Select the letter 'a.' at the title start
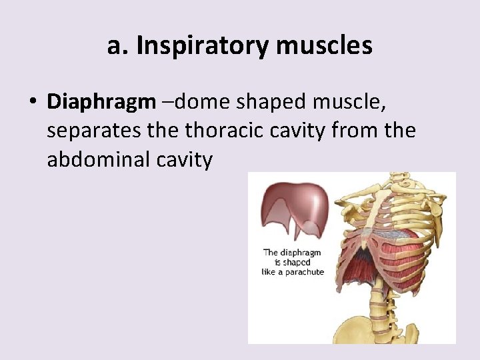[117, 46]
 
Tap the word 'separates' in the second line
[93, 131]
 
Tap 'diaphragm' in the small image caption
[301, 252]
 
